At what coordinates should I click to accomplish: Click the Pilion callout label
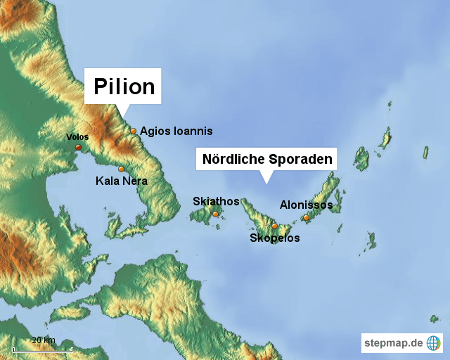click(x=124, y=86)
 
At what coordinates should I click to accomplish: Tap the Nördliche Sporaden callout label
click(x=266, y=159)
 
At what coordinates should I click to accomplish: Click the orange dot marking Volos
click(x=78, y=147)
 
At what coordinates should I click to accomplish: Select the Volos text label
click(x=77, y=136)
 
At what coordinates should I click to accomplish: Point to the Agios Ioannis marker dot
click(x=133, y=131)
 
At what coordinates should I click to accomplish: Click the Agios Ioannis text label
click(x=176, y=131)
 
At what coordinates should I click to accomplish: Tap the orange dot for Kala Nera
click(x=121, y=169)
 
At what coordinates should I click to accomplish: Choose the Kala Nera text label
click(x=121, y=181)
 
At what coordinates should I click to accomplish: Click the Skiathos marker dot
click(x=215, y=214)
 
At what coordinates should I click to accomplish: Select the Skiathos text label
click(x=216, y=202)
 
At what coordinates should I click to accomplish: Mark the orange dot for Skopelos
click(x=275, y=226)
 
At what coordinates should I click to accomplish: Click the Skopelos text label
click(x=275, y=238)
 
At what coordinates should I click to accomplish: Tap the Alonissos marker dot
click(x=306, y=217)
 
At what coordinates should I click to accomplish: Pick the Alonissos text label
click(x=306, y=205)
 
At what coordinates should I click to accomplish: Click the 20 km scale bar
click(x=42, y=346)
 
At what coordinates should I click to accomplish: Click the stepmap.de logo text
click(x=393, y=343)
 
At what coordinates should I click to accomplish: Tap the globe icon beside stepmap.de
click(x=433, y=343)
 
